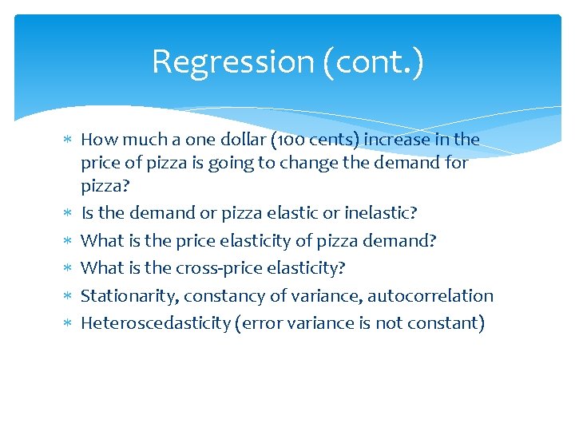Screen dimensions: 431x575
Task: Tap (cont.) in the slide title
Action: pos(373,61)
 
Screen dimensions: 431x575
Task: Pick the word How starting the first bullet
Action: pos(97,140)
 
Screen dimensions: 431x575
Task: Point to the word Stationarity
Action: pos(129,296)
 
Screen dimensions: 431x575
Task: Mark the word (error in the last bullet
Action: pos(256,323)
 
